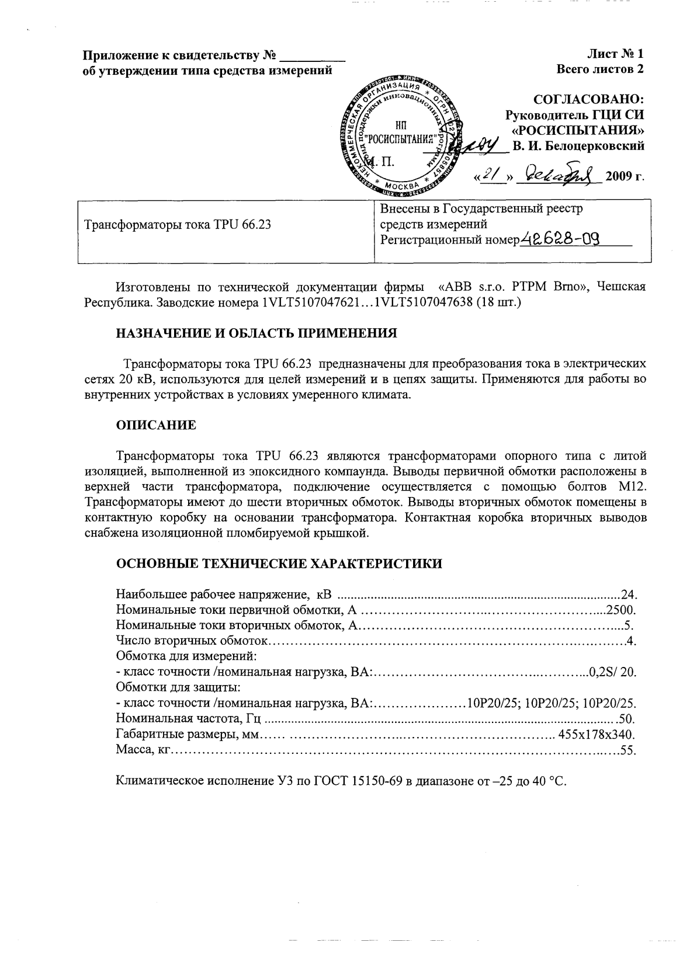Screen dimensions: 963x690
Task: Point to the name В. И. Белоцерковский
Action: tap(578, 146)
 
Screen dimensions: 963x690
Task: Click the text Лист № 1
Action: tap(615, 54)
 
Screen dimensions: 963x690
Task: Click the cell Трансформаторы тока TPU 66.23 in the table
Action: tap(178, 225)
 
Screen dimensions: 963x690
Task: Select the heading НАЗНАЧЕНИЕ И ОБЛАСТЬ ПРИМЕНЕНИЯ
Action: tap(257, 333)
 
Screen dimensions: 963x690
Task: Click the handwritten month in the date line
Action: tap(559, 173)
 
